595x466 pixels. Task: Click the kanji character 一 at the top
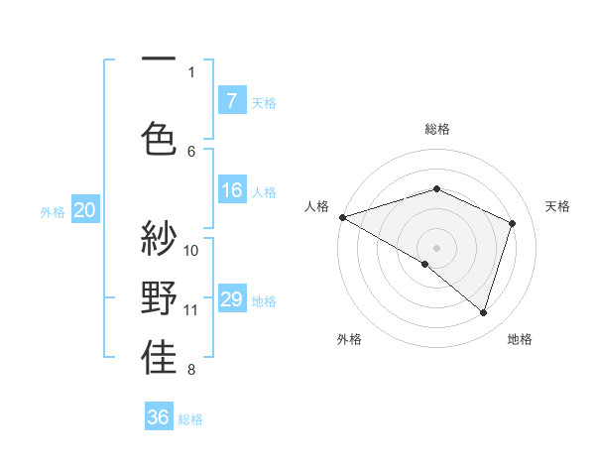tap(159, 61)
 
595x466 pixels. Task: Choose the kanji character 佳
tap(159, 358)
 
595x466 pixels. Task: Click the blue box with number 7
tap(231, 101)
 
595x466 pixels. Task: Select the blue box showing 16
tap(231, 191)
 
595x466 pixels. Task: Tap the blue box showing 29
tap(231, 299)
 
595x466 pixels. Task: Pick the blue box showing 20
tap(85, 210)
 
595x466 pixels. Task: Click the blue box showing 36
tap(159, 417)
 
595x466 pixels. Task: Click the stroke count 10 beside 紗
tap(192, 250)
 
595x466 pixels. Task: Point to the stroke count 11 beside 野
tap(192, 310)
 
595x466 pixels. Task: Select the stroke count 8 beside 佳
tap(191, 371)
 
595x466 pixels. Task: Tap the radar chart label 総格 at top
tap(436, 129)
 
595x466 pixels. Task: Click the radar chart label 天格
tap(557, 206)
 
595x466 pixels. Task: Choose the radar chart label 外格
tap(349, 339)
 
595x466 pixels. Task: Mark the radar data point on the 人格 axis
tap(342, 217)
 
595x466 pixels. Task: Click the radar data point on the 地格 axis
tap(483, 312)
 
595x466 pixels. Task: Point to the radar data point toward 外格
tap(425, 264)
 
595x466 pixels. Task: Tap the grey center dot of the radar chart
tap(436, 247)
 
